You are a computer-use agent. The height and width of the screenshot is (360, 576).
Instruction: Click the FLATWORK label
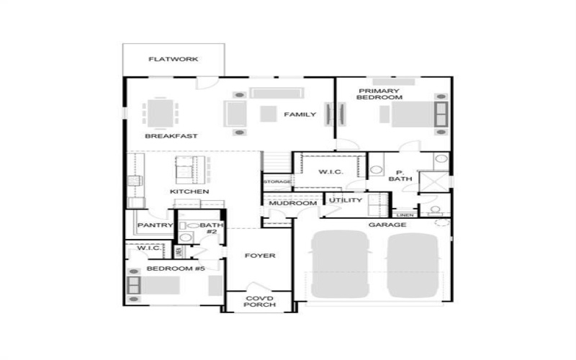173,59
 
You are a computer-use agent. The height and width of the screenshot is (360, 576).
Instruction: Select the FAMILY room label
300,114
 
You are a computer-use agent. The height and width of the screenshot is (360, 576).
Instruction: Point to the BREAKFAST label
171,136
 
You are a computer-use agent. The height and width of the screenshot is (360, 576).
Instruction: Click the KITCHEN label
189,192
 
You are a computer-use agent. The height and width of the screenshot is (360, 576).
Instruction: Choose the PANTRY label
156,225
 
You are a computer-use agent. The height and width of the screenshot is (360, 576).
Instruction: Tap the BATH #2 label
212,228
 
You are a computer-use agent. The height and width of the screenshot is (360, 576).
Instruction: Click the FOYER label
259,256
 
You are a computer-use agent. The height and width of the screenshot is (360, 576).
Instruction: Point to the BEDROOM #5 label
176,269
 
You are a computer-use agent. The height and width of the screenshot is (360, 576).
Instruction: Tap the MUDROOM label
293,204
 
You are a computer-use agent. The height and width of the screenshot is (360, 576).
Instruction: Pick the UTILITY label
346,200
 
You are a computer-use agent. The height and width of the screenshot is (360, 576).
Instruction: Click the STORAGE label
276,181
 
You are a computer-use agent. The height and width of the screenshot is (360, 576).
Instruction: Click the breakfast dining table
161,113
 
